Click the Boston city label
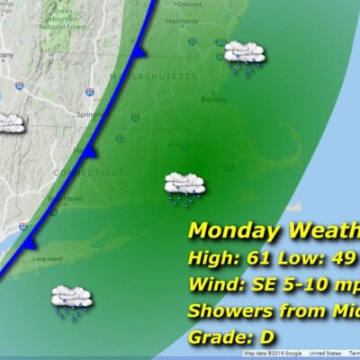pyautogui.click(x=213, y=100)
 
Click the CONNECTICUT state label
pyautogui.click(x=96, y=171)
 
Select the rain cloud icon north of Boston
pyautogui.click(x=244, y=56)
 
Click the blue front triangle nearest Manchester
pyautogui.click(x=138, y=55)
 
